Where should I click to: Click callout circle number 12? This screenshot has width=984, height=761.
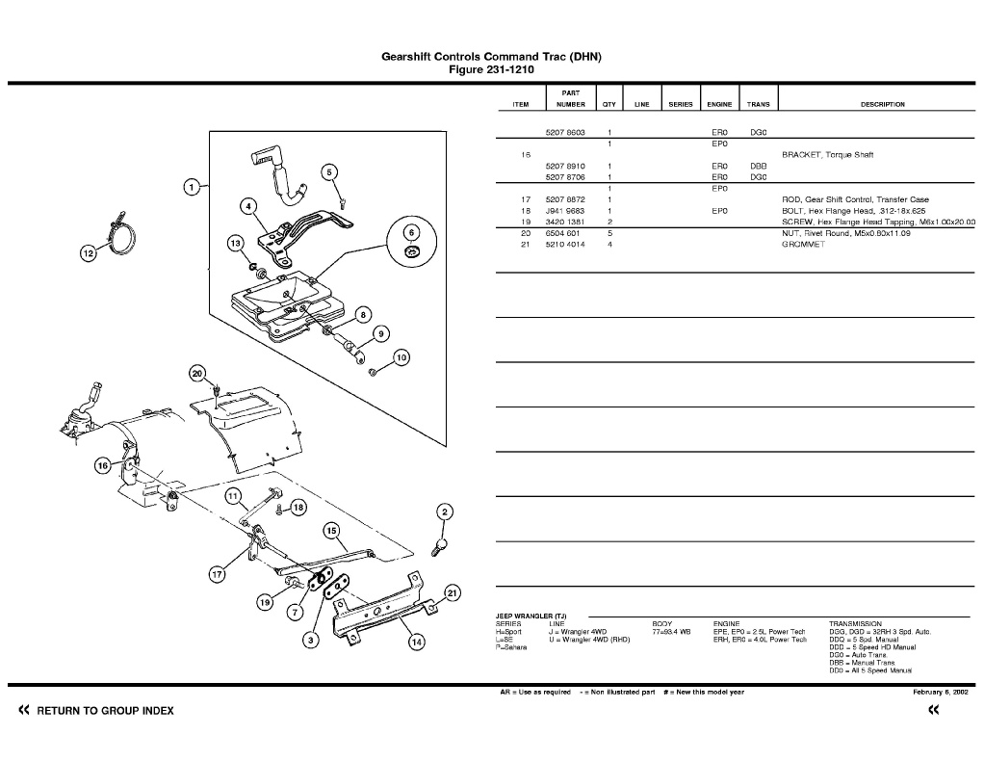(x=88, y=253)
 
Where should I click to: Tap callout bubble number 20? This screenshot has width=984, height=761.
(x=197, y=374)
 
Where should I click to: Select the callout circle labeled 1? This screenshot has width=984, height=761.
(x=193, y=186)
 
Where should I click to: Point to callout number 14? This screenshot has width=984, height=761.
(x=416, y=643)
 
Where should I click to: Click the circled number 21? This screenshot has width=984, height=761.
(x=453, y=592)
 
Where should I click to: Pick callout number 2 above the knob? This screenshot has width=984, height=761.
(x=444, y=512)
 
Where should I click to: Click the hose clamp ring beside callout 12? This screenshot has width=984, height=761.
(x=122, y=237)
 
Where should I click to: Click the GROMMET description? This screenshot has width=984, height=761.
(x=803, y=245)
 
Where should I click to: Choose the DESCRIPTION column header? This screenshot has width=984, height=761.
(x=882, y=104)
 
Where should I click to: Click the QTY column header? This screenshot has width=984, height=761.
(x=609, y=104)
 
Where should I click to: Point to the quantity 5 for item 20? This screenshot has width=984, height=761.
(x=610, y=233)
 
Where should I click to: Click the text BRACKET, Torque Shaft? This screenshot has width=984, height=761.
(x=827, y=154)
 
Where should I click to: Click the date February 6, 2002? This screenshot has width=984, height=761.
(x=941, y=692)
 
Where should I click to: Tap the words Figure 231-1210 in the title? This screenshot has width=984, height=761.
(x=491, y=69)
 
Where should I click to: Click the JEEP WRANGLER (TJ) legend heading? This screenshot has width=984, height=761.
(x=531, y=617)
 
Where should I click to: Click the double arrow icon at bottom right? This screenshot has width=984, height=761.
(x=932, y=711)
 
